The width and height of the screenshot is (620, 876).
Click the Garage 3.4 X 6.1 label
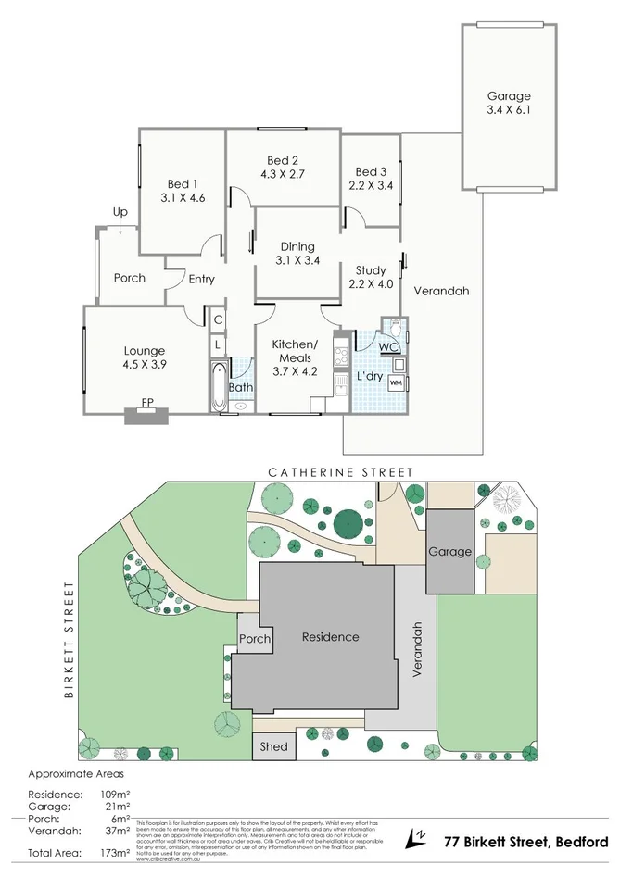[x=509, y=103]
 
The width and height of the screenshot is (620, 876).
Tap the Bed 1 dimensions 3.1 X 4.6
[x=182, y=197]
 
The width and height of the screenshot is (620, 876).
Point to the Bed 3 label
[x=371, y=171]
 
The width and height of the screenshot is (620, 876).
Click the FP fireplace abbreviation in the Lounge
[x=146, y=402]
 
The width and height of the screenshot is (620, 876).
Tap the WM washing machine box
[x=396, y=382]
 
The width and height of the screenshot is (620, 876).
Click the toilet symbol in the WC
[x=395, y=328]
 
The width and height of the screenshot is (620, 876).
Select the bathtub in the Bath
[x=218, y=387]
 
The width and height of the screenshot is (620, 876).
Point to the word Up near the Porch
[x=120, y=212]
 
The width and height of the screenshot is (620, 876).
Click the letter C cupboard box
[x=218, y=320]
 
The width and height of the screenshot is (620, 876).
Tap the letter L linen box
[x=218, y=344]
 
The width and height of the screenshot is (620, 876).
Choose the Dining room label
[x=297, y=247]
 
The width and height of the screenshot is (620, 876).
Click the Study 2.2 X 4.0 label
[x=370, y=278]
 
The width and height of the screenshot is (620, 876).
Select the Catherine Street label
[x=340, y=472]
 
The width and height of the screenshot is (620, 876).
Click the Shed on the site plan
[x=274, y=746]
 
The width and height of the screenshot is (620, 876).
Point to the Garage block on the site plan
[x=449, y=552]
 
